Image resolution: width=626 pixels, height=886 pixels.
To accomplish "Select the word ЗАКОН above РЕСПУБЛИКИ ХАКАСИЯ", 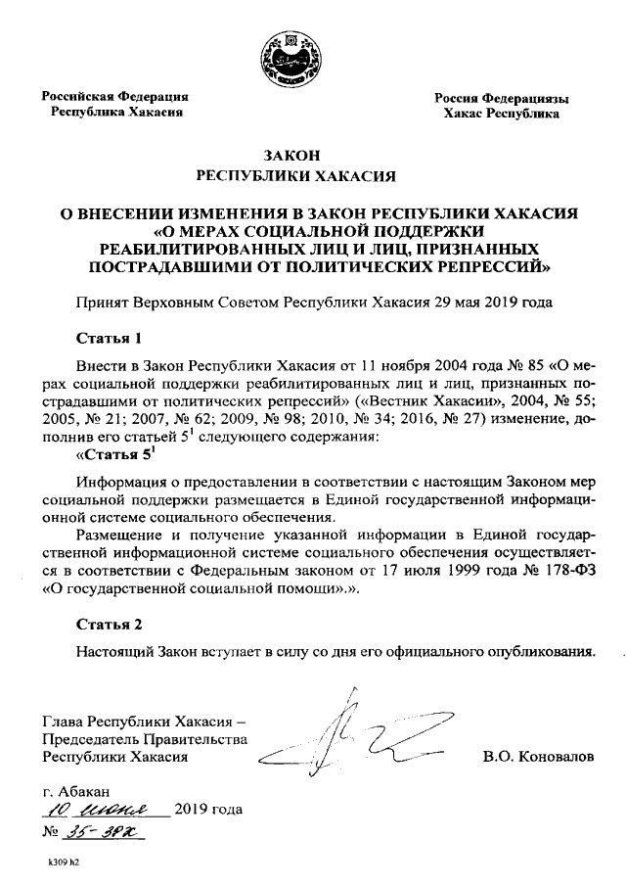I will click(295, 154).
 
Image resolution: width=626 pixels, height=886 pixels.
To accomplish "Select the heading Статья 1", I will click(110, 339).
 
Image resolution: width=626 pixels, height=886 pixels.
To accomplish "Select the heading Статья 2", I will click(110, 624).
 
